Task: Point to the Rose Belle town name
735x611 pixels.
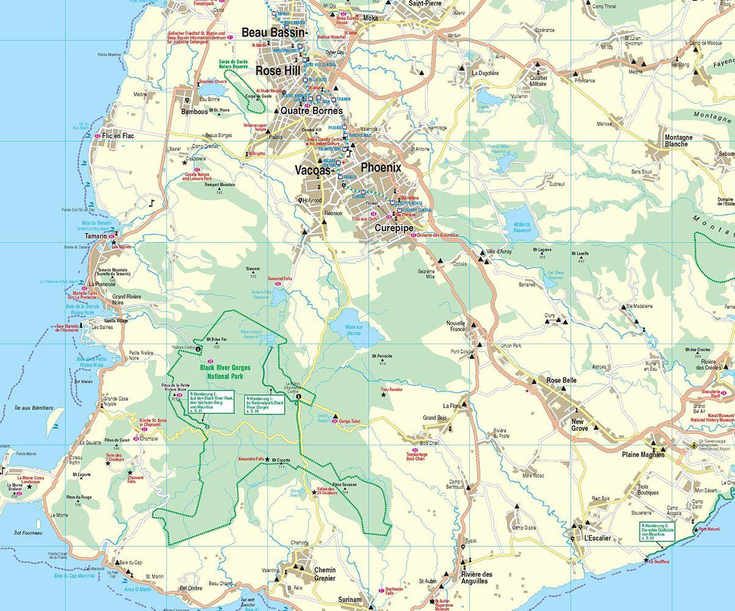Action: point(562,381)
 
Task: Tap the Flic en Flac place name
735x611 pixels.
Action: point(118,136)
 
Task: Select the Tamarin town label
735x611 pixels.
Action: point(96,236)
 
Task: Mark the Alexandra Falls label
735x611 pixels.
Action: point(251,459)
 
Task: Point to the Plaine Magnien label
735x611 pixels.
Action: point(643,455)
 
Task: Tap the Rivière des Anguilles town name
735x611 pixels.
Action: point(476,577)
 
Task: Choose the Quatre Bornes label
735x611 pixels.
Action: point(311,111)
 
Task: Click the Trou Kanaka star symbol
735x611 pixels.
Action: point(383,395)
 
